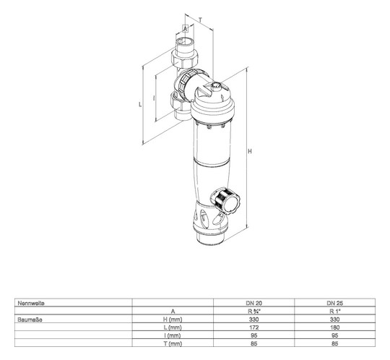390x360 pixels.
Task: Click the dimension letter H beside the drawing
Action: (250, 152)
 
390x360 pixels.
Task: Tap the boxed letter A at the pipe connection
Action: (184, 28)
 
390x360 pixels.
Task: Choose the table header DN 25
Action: (334, 302)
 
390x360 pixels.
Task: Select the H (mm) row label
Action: (173, 318)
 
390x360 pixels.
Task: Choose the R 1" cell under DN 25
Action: (334, 310)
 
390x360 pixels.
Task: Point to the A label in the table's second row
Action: (173, 310)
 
